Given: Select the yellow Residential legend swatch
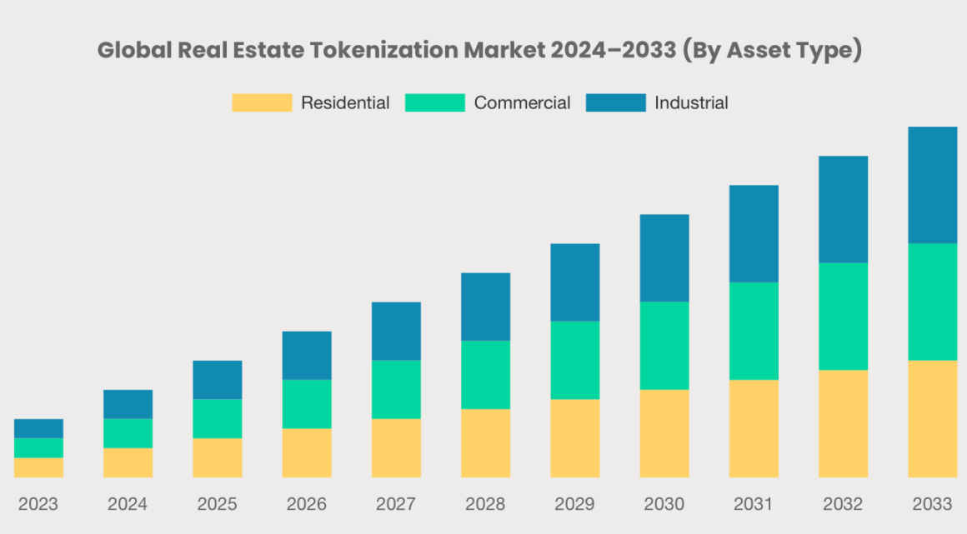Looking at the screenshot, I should point(262,103).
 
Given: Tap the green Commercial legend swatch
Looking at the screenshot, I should point(434,103).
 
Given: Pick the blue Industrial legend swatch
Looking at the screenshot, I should point(615,103).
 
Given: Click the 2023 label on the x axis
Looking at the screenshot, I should point(38,504).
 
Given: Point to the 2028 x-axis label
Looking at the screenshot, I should point(485,504).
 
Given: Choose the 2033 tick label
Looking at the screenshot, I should point(932,504).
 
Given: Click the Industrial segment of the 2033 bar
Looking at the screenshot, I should point(932,185).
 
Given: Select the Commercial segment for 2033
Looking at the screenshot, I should point(932,302).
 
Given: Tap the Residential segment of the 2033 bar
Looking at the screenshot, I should point(932,418).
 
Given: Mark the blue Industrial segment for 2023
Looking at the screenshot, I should point(38,428).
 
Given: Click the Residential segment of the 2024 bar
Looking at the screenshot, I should point(128,462).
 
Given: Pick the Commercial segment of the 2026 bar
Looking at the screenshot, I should point(307,404).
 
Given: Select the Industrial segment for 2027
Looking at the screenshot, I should point(396,331).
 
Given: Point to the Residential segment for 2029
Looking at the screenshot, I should point(574,438).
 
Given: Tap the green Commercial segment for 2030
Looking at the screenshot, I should point(664,346).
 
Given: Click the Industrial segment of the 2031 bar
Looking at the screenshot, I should point(754,234).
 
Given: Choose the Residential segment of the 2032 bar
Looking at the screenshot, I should point(843,423).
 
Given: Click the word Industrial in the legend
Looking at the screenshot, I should point(691,103).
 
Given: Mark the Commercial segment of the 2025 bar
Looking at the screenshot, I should point(217,418).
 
